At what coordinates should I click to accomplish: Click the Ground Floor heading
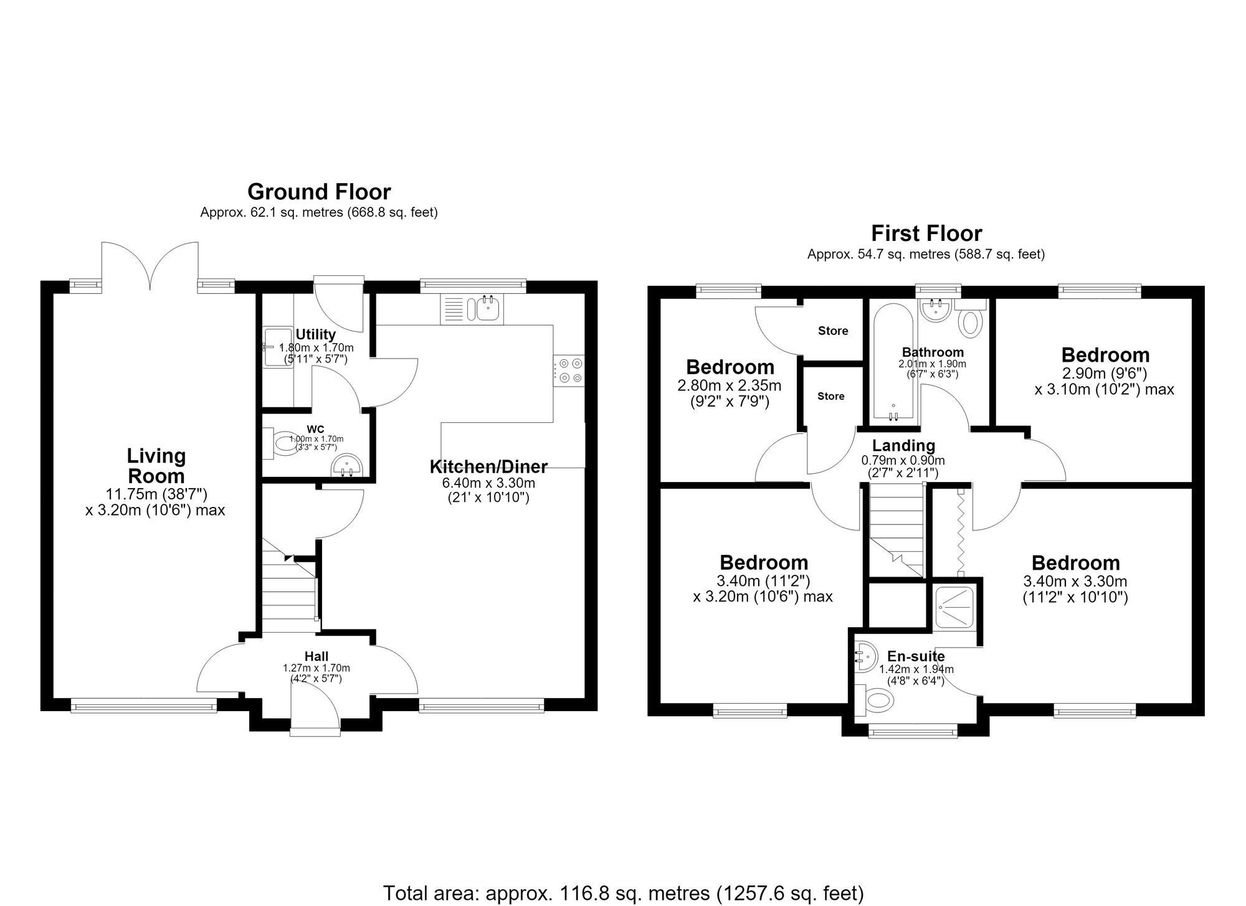pyautogui.click(x=319, y=191)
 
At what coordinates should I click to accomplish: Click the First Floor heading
pyautogui.click(x=926, y=234)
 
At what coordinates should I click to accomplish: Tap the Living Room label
pyautogui.click(x=156, y=466)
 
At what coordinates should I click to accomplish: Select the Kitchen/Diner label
pyautogui.click(x=488, y=466)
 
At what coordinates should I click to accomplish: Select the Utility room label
pyautogui.click(x=316, y=335)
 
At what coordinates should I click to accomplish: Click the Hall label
pyautogui.click(x=316, y=656)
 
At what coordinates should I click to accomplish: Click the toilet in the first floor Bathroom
pyautogui.click(x=971, y=320)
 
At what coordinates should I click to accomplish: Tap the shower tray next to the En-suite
pyautogui.click(x=956, y=607)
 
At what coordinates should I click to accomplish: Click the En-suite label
pyautogui.click(x=916, y=656)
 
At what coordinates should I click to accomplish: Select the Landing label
pyautogui.click(x=903, y=446)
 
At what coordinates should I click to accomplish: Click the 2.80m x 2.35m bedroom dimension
pyautogui.click(x=730, y=386)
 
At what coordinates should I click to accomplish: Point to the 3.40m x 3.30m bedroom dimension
pyautogui.click(x=1075, y=582)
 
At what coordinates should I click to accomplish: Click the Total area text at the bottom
pyautogui.click(x=623, y=893)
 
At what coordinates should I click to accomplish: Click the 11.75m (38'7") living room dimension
pyautogui.click(x=156, y=494)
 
